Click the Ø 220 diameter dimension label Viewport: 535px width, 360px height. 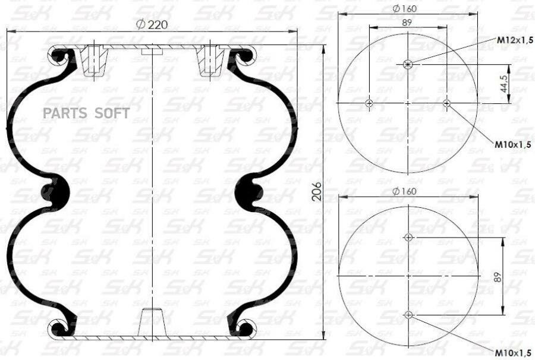152,24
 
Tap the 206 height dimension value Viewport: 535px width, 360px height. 317,192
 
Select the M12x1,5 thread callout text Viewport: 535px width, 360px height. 515,40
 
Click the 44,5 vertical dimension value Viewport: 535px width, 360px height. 504,83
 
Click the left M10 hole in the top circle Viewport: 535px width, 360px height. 369,103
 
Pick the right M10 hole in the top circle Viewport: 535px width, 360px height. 447,103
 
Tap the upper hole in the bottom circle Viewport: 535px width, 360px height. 408,237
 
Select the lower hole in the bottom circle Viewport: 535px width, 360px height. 408,315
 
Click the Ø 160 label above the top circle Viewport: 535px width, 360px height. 405,8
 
